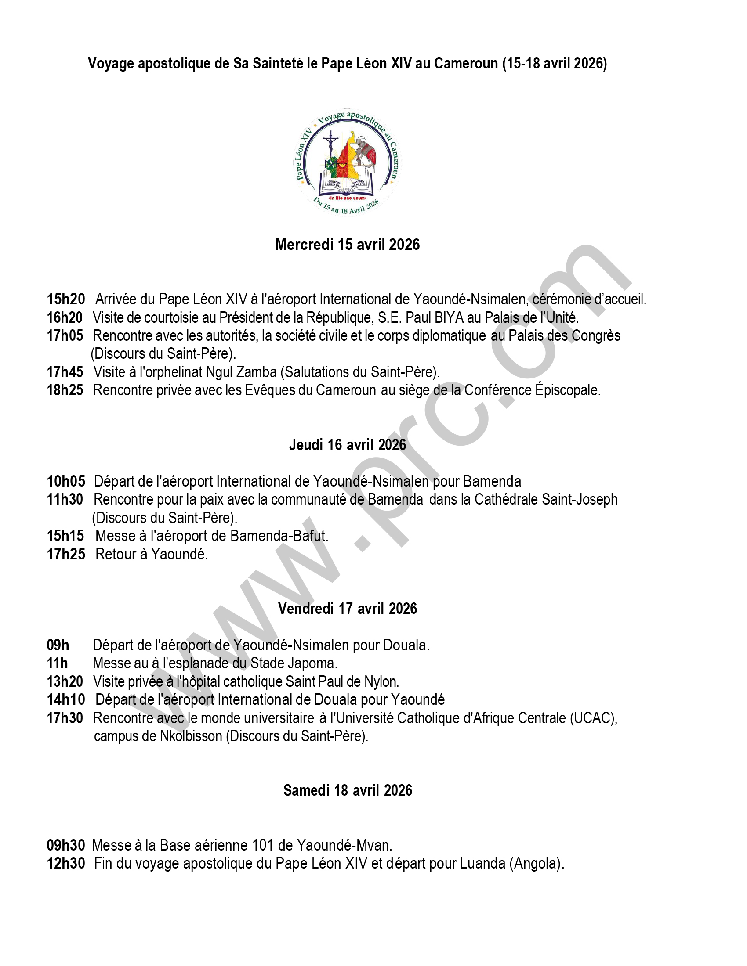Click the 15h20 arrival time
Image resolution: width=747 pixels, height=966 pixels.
tap(66, 299)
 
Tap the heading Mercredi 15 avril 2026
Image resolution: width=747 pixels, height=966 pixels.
tap(348, 245)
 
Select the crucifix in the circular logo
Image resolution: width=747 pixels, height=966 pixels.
tap(330, 146)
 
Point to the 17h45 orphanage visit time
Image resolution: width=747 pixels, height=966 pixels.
tap(65, 372)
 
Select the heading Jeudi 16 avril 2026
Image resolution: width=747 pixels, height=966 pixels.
tap(348, 444)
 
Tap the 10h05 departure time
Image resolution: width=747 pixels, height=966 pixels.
tap(66, 481)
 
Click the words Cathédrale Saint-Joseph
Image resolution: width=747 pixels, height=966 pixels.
tap(546, 499)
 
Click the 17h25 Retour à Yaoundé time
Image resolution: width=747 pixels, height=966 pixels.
tap(66, 554)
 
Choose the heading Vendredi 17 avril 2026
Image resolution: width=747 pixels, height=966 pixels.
tap(348, 609)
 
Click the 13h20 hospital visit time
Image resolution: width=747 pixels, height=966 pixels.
tap(65, 681)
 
